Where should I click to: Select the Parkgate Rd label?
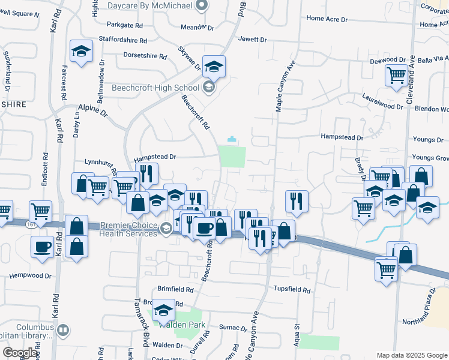[x=125, y=26]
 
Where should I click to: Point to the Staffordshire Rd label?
[x=123, y=41]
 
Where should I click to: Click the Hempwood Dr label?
[x=31, y=277]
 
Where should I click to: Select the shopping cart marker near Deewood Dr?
[x=396, y=77]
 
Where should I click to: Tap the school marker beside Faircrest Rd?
[x=80, y=52]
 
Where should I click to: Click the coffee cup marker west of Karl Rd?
[x=43, y=247]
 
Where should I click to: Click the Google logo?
[x=20, y=353]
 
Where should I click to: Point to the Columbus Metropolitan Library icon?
[x=63, y=329]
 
